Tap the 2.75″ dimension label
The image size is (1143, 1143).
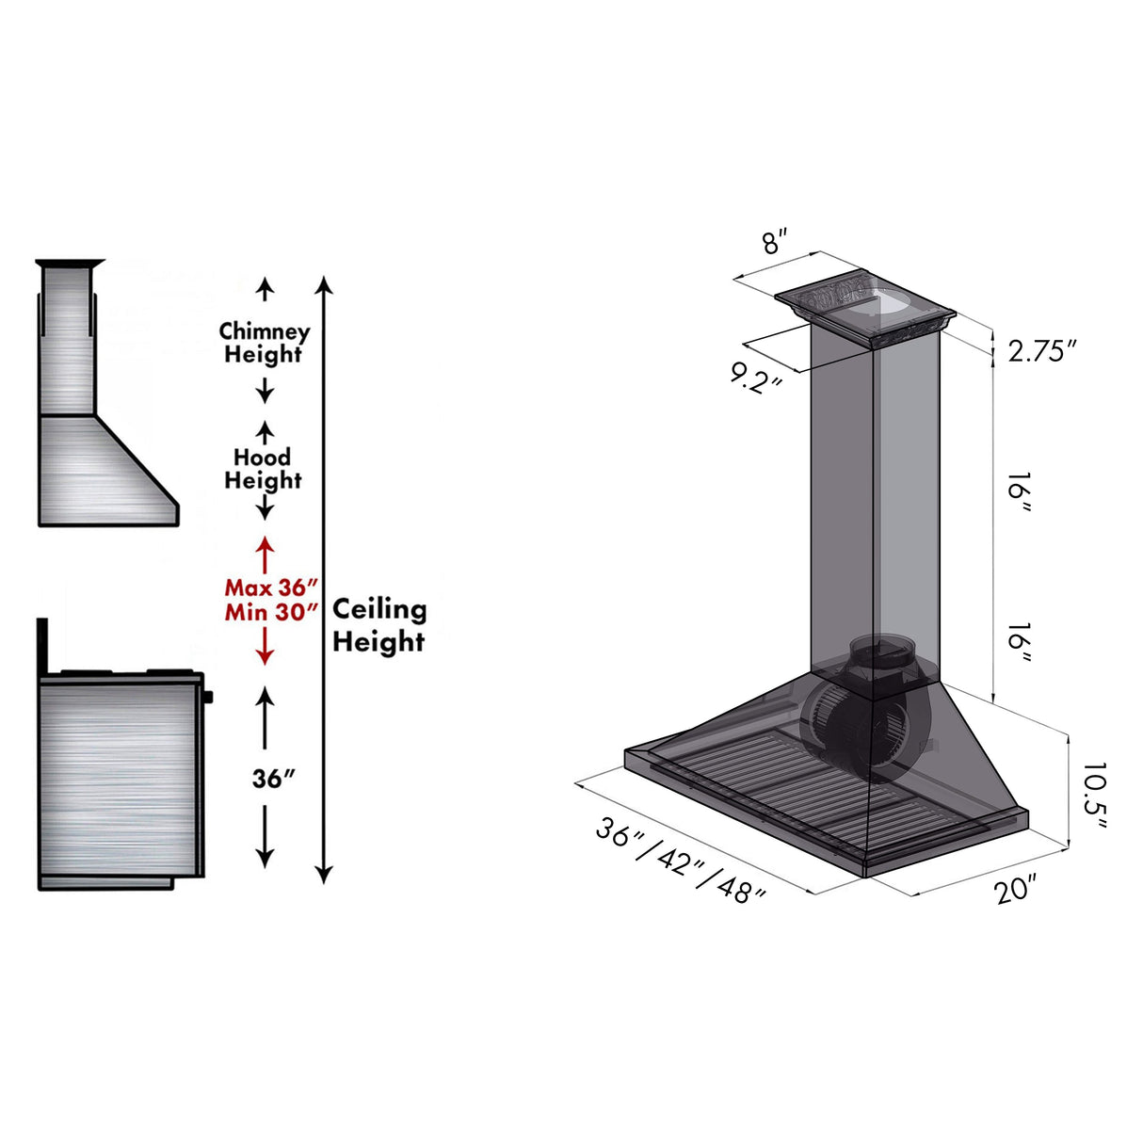click(1041, 351)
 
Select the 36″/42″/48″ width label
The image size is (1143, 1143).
click(680, 861)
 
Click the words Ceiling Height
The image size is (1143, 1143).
click(378, 625)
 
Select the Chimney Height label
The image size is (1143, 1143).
click(264, 343)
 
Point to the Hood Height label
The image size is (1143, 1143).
click(263, 469)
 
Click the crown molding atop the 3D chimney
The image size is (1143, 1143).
click(864, 306)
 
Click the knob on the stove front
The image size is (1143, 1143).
click(208, 697)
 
